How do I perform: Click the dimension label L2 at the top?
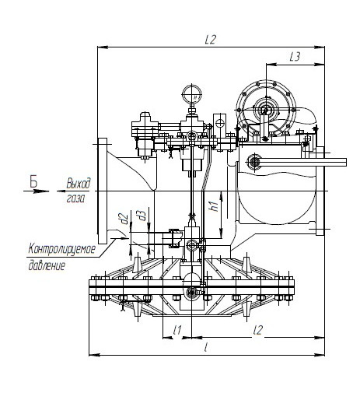pos(211,40)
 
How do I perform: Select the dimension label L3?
pos(295,57)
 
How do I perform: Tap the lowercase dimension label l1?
pos(177,330)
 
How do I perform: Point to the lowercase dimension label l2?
pos(258,330)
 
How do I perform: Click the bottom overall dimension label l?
pos(206,347)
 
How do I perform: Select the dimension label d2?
pos(124,219)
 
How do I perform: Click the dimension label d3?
pos(142,216)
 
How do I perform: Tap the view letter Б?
pos(33,181)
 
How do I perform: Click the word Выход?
pos(79,183)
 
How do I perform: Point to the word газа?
pos(75,198)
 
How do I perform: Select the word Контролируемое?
pos(62,250)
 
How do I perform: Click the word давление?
pos(47,265)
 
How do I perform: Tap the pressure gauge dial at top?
pos(192,93)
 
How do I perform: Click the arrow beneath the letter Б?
pos(37,191)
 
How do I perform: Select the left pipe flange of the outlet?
pos(103,191)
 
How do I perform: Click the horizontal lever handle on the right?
pos(302,162)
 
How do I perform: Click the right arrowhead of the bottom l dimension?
pos(320,355)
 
